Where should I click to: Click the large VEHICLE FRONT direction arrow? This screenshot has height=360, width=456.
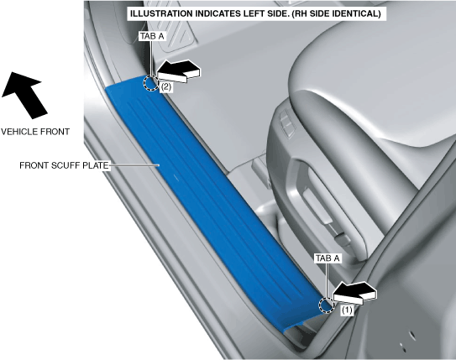coord(24,95)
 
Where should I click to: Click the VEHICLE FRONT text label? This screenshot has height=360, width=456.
coord(35,132)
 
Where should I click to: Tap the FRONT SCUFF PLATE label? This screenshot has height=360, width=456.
coord(64,165)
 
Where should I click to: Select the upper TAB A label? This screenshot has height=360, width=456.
coord(152,36)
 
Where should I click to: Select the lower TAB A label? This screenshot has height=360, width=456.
coord(328,258)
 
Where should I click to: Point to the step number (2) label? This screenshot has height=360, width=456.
coord(165,87)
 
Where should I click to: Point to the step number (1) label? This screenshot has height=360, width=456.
coord(347,310)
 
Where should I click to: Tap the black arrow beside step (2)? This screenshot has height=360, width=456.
coord(178,71)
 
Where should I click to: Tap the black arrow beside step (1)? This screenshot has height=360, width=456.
coord(354,293)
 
